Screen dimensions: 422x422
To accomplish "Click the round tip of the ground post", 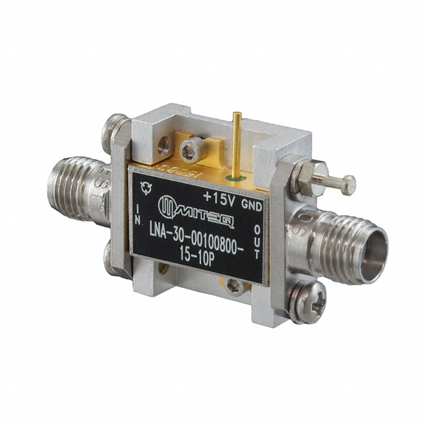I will tap(349, 182).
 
